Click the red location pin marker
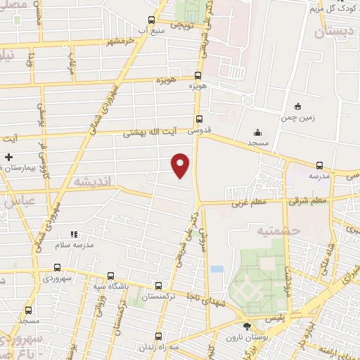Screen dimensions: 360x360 [x=180, y=165]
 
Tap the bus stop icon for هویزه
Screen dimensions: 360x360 [x=198, y=75]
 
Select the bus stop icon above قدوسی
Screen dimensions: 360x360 [x=199, y=119]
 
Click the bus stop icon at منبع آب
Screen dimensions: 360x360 [x=151, y=20]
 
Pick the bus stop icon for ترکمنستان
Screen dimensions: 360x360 [x=158, y=286]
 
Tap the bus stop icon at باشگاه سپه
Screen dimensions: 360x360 [x=110, y=276]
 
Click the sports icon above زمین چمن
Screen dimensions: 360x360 [x=298, y=106]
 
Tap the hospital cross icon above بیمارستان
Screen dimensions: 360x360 [x=8, y=157]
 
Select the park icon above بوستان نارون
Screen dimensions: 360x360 [x=246, y=326]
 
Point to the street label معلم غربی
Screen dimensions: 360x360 [x=241, y=202]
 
